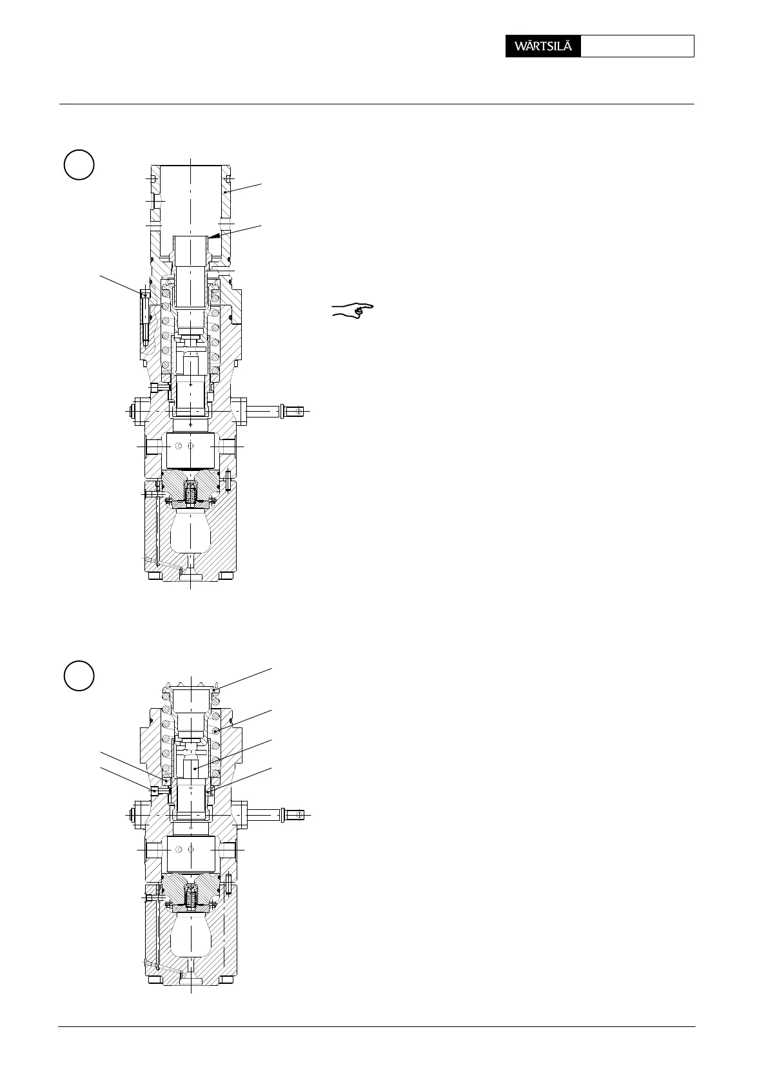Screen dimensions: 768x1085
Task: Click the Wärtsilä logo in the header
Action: click(543, 46)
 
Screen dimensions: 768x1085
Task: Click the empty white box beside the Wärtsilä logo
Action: click(637, 46)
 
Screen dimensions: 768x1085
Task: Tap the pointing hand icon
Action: click(353, 309)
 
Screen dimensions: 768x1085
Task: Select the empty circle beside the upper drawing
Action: click(79, 165)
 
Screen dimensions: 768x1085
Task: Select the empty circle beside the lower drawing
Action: click(79, 675)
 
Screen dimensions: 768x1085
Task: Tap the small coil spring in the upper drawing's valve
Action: click(191, 495)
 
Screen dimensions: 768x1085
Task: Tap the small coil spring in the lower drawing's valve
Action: click(191, 899)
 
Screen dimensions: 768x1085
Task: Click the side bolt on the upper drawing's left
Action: click(144, 317)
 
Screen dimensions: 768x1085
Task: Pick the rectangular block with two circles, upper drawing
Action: click(191, 450)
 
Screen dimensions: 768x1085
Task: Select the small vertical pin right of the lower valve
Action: click(228, 884)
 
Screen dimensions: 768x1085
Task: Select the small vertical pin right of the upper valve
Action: click(228, 480)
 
